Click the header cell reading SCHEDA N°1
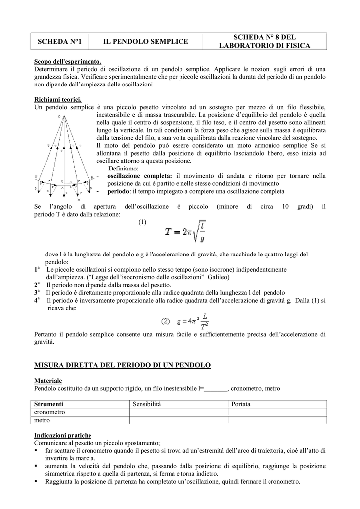tap(60, 41)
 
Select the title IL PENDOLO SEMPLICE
tap(146, 41)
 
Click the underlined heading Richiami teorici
tap(58, 99)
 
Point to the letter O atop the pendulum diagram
tap(59, 116)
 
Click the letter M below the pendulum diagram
tap(79, 199)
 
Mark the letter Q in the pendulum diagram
tap(62, 181)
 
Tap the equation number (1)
tap(142, 222)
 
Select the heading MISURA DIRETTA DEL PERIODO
tap(122, 365)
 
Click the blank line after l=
tap(216, 388)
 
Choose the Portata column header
tap(241, 404)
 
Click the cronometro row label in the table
tap(49, 412)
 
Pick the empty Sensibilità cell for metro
tap(179, 420)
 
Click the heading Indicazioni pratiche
tap(63, 435)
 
